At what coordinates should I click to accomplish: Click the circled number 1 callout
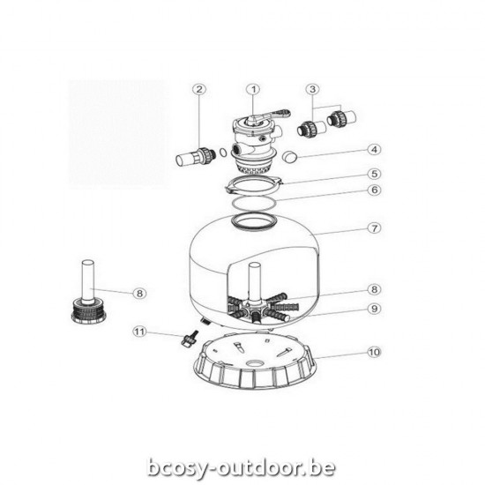[x=253, y=90]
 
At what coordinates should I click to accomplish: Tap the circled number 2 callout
[x=199, y=89]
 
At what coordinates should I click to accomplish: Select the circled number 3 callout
[x=312, y=89]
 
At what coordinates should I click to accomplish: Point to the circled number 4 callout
[x=374, y=150]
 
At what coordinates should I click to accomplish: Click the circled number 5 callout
[x=374, y=174]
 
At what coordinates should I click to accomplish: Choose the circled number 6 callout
[x=374, y=190]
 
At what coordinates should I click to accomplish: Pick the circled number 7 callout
[x=374, y=228]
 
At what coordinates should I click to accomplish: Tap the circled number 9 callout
[x=374, y=309]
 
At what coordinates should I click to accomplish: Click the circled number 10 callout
[x=374, y=352]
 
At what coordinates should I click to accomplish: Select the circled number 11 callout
[x=139, y=332]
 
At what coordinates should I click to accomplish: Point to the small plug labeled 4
[x=289, y=157]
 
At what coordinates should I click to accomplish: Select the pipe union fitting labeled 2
[x=196, y=156]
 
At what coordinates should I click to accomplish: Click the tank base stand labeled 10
[x=255, y=362]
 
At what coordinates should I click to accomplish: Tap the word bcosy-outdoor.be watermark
[x=242, y=467]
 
